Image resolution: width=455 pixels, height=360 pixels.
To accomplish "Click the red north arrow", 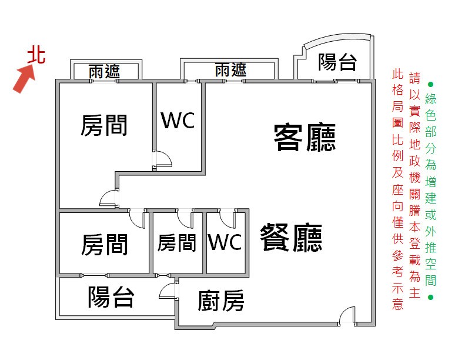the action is click(x=24, y=79).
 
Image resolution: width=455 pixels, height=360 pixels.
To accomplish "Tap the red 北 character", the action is click(x=36, y=55).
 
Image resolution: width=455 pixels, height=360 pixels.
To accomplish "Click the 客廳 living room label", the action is click(x=305, y=137).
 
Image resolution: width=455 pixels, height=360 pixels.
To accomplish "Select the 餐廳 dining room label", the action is click(x=291, y=237).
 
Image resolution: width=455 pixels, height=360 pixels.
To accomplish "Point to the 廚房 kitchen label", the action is click(x=221, y=301).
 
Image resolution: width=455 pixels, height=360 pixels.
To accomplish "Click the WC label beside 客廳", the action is click(x=178, y=120).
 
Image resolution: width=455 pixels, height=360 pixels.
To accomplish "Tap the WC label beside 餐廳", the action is click(x=225, y=242).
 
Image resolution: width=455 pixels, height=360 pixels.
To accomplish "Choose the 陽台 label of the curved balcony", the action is click(x=337, y=62).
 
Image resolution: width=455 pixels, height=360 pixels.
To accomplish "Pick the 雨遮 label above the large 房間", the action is click(x=104, y=71).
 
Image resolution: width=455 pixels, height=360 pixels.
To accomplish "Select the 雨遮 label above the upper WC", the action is click(x=230, y=70).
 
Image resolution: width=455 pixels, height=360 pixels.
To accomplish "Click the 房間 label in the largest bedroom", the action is click(x=104, y=125).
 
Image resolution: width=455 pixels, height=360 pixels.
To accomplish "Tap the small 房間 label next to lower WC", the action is click(x=177, y=243).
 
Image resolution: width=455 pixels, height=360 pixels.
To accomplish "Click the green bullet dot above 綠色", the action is click(x=431, y=85).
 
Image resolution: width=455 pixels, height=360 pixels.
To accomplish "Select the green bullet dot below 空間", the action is click(x=431, y=297).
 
